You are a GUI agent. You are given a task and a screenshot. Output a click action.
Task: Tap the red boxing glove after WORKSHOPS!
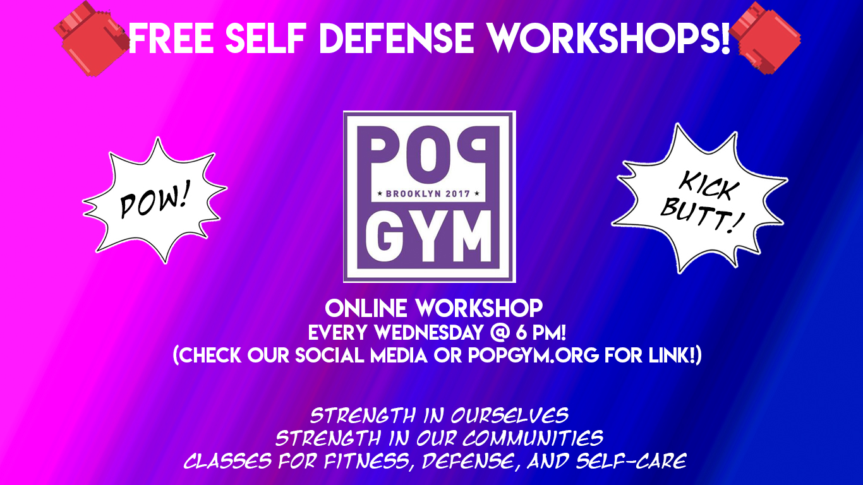[x=765, y=38]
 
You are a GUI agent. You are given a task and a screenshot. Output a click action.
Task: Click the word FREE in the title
[x=171, y=38]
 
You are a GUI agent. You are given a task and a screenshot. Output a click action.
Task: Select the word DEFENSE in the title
[x=397, y=38]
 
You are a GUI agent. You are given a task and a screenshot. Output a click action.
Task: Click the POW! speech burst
[x=155, y=201]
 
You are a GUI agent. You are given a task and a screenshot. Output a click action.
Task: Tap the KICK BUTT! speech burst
[x=699, y=199]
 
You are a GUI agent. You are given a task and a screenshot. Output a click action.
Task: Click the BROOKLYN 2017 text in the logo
[x=428, y=194]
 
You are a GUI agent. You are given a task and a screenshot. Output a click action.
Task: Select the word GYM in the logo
[x=428, y=236]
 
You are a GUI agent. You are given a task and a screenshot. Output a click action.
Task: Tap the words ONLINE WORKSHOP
[x=434, y=308]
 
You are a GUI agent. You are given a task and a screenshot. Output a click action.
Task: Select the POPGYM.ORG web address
[x=533, y=355]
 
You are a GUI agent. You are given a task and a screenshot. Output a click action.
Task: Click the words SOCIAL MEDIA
[x=361, y=355]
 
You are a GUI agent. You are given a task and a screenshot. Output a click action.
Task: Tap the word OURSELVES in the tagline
[x=509, y=416]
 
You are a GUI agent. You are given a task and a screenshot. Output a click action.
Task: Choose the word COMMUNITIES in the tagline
[x=533, y=438]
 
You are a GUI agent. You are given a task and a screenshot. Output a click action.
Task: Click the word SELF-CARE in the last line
[x=631, y=461]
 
